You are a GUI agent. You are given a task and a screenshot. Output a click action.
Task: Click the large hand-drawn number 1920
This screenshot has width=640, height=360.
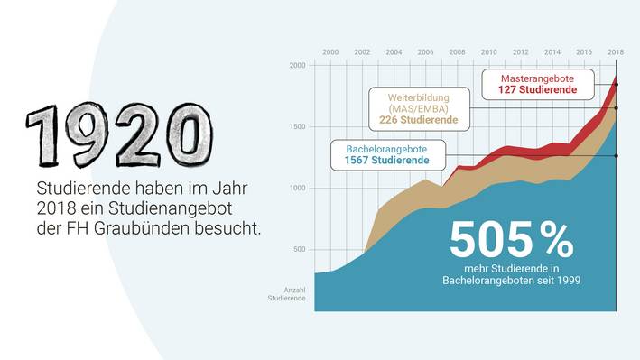[x=113, y=133]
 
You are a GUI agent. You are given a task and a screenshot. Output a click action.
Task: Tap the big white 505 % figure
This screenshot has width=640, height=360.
[x=511, y=240]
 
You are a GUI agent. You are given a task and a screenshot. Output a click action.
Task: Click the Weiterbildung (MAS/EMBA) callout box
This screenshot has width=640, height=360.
[x=419, y=107]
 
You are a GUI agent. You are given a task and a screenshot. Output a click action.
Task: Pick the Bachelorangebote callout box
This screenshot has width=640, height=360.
[x=386, y=153]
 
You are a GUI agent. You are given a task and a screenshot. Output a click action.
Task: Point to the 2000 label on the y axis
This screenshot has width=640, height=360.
[x=297, y=66]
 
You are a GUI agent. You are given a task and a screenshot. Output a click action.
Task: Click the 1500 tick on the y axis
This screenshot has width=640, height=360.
[x=297, y=127]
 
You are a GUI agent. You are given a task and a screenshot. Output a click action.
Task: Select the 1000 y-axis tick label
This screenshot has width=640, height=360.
[x=297, y=189]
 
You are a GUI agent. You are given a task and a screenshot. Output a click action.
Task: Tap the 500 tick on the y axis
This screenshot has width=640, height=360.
[x=299, y=250]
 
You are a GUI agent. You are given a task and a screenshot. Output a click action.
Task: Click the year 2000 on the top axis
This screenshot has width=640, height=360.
[x=330, y=52]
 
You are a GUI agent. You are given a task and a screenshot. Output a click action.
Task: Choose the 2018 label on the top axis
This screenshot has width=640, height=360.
[x=616, y=52]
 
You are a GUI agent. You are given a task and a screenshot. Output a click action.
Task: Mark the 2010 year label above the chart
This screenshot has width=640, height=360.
[x=489, y=52]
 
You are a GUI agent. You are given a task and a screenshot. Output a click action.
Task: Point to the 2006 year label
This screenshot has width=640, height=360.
[x=425, y=52]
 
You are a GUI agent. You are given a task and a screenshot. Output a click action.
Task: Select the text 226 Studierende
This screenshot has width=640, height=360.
[x=419, y=120]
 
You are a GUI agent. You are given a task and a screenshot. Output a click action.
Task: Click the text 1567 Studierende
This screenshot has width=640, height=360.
[x=386, y=161]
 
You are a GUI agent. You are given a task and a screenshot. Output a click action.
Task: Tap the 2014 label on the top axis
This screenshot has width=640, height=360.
[x=552, y=52]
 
